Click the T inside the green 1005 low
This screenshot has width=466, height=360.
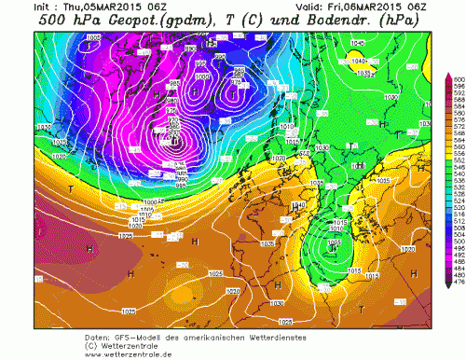click(331, 245)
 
